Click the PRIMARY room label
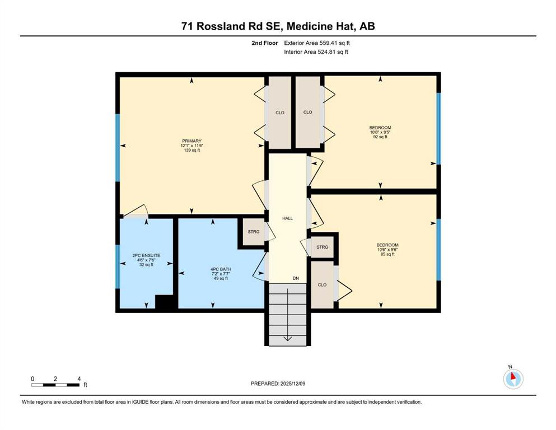pos(191,141)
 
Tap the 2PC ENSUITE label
pos(146,255)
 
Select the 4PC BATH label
pos(221,269)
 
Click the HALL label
pos(288,218)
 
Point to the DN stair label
pos(296,278)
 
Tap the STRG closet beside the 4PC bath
pos(254,232)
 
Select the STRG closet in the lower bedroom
pos(323,247)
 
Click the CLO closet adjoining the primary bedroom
pos(280,113)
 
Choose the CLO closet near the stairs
pos(322,284)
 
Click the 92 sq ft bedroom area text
pos(380,137)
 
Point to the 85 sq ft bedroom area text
pos(387,254)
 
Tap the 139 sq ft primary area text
pos(191,150)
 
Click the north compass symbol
pos(513,378)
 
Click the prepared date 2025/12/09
pos(292,384)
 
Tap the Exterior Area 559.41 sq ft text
pos(317,43)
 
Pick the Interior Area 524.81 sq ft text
pos(316,52)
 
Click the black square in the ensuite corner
pos(164,302)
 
